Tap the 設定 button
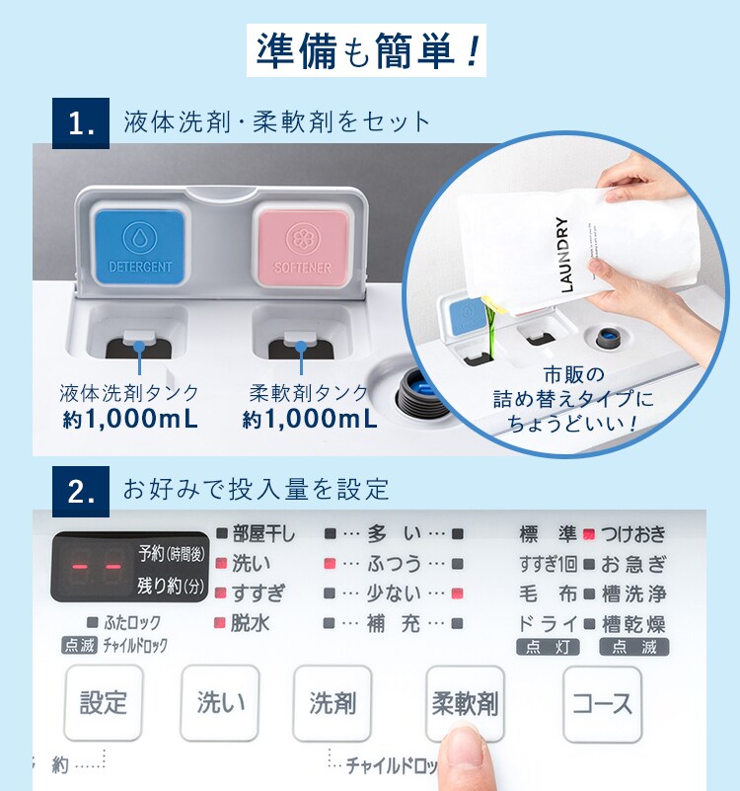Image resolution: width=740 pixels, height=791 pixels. click(x=104, y=703)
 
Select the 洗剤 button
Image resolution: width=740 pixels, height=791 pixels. click(x=332, y=703)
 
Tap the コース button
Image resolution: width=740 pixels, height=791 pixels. click(x=602, y=703)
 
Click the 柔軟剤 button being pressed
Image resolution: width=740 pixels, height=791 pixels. click(x=465, y=703)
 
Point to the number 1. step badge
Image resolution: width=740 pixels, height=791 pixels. click(x=81, y=124)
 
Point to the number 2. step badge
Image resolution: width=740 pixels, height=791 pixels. click(x=81, y=488)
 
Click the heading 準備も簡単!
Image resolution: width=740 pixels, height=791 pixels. click(x=369, y=52)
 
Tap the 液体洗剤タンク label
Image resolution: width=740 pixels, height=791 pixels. click(x=128, y=393)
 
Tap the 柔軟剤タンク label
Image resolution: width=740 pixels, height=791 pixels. click(x=309, y=393)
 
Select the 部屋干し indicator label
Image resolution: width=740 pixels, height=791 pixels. click(x=262, y=534)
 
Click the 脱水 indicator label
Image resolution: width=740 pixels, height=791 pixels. click(x=250, y=623)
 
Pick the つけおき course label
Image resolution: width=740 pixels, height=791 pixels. click(x=632, y=534)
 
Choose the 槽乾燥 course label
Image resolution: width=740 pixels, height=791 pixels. click(x=632, y=623)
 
